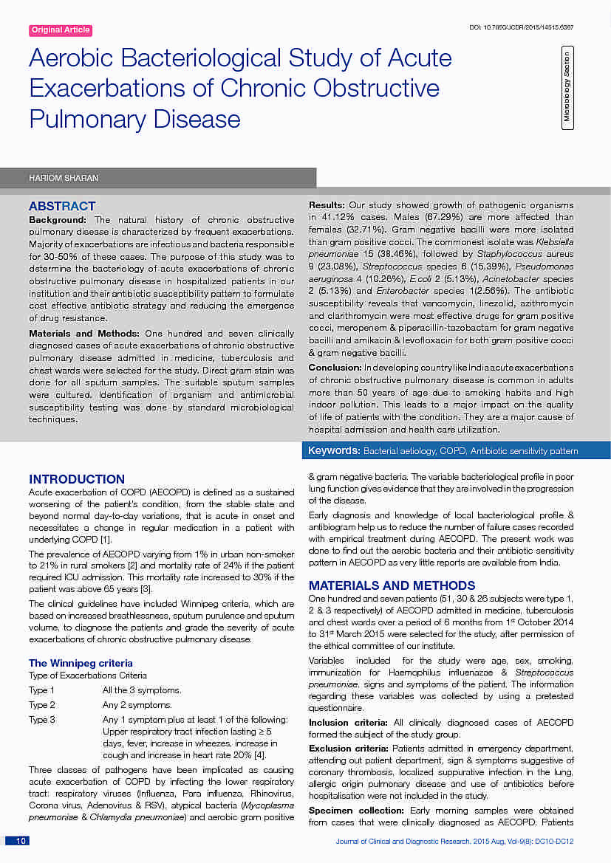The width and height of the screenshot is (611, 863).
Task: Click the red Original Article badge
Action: pos(61,30)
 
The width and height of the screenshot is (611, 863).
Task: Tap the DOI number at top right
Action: pos(522,27)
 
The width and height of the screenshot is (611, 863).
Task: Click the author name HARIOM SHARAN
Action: pos(63,178)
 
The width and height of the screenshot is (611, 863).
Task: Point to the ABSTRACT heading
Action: pos(62,207)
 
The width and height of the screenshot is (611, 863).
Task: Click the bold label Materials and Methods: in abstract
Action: pos(85,334)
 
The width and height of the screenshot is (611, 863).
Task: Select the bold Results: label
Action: pos(326,205)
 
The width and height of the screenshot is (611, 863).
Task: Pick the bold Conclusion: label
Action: pos(335,368)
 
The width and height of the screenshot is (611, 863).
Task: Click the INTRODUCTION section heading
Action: pos(77,480)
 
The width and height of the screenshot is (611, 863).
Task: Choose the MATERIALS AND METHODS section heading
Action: pos(392,585)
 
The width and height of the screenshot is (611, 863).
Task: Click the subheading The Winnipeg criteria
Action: pos(81,663)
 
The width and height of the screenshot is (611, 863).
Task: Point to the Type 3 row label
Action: pos(42,720)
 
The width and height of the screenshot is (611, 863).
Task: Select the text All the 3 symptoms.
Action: pos(141,690)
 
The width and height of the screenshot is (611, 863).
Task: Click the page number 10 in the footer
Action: pos(21,841)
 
